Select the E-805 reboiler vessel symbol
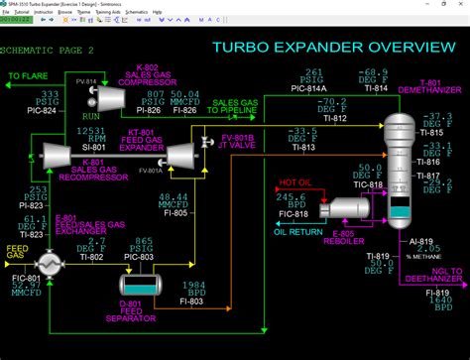click(x=348, y=206)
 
